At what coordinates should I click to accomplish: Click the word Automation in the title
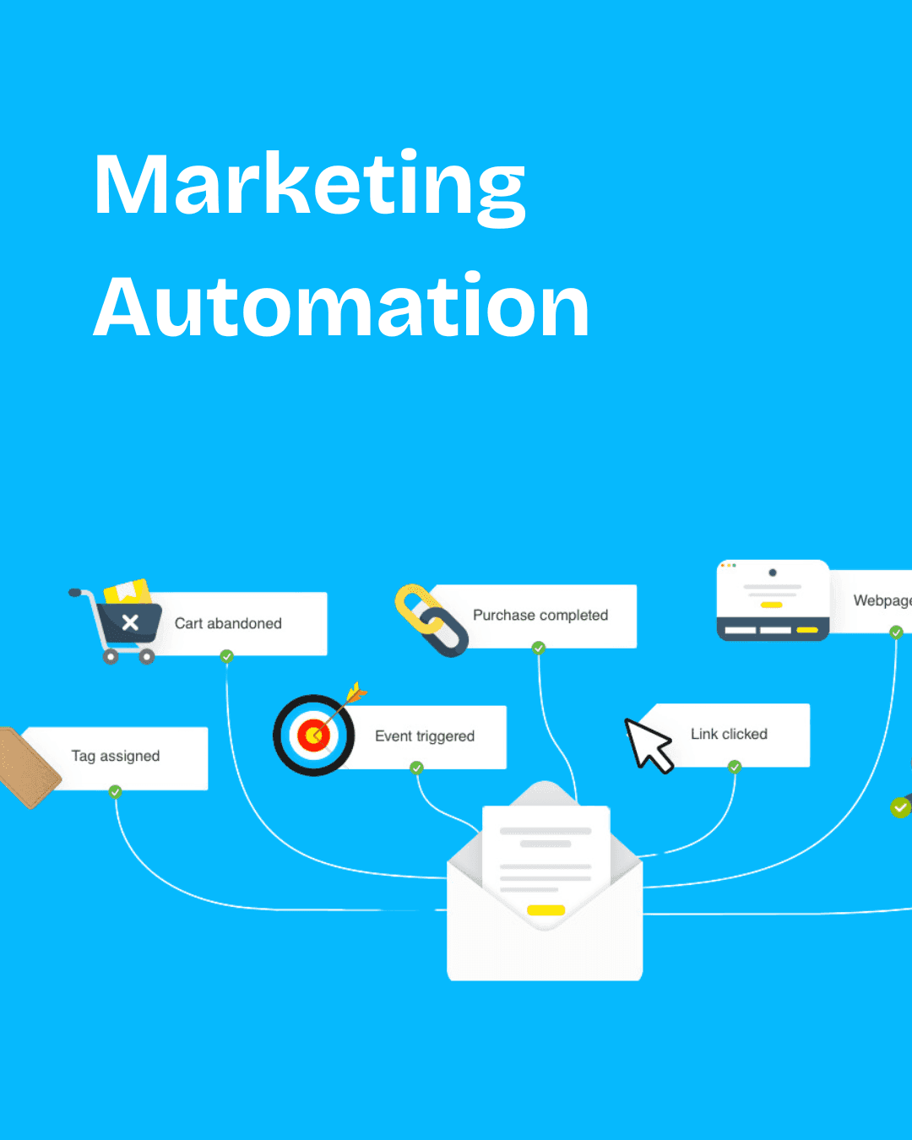point(341,307)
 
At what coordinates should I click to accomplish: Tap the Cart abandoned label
point(228,623)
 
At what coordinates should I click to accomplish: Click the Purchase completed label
point(540,616)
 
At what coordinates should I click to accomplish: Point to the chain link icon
point(431,621)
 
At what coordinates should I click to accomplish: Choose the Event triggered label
point(425,736)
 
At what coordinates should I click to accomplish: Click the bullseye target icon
point(313,735)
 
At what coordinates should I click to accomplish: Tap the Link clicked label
point(729,735)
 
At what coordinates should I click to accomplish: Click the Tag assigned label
point(116,757)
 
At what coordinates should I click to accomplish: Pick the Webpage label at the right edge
point(882,600)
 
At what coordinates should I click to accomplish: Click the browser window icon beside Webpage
point(773,600)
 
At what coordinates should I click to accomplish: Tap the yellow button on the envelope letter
point(546,910)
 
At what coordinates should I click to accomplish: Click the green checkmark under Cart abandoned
point(226,656)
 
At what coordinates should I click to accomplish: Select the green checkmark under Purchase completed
point(539,649)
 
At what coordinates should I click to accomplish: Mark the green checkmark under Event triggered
point(416,768)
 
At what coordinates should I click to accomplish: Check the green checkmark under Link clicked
point(735,767)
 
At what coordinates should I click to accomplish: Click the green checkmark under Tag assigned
point(115,791)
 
